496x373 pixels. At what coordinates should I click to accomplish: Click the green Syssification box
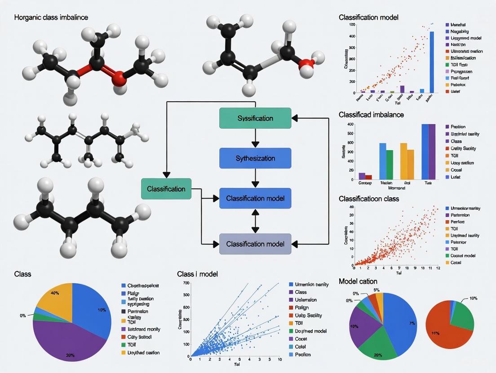pyautogui.click(x=255, y=118)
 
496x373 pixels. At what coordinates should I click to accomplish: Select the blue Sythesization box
pyautogui.click(x=255, y=158)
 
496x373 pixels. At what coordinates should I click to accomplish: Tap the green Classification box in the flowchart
pyautogui.click(x=166, y=189)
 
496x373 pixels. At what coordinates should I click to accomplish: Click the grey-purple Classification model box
pyautogui.click(x=255, y=244)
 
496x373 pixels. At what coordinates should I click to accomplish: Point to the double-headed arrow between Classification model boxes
pyautogui.click(x=255, y=221)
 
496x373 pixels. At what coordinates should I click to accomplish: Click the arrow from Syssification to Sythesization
pyautogui.click(x=255, y=138)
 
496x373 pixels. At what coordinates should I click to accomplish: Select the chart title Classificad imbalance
pyautogui.click(x=371, y=115)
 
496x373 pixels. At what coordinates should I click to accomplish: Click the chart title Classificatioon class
pyautogui.click(x=369, y=198)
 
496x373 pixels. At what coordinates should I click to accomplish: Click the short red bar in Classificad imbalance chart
pyautogui.click(x=368, y=177)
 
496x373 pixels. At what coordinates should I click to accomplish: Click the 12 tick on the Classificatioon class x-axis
pyautogui.click(x=437, y=268)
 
